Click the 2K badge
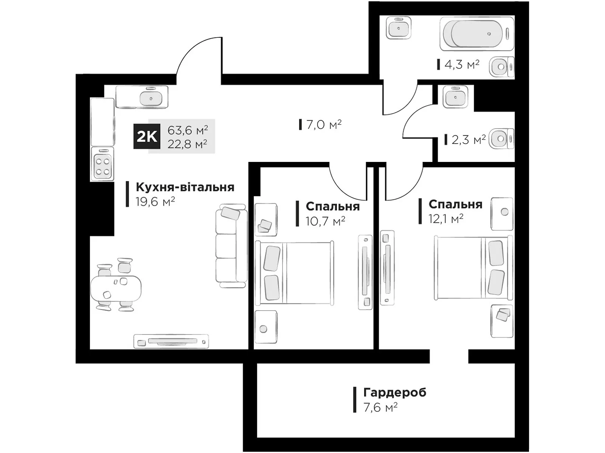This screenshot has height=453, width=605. click(147, 136)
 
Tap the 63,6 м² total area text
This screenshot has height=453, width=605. click(188, 130)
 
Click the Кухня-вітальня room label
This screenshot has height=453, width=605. click(185, 187)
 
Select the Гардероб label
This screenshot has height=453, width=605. click(395, 393)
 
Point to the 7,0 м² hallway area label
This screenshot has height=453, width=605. click(324, 125)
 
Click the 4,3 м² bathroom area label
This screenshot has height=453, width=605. click(462, 65)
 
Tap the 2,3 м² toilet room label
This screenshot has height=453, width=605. click(468, 140)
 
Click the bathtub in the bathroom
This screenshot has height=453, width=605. click(477, 34)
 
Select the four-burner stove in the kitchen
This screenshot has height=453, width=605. click(102, 164)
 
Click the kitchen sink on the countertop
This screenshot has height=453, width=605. click(151, 98)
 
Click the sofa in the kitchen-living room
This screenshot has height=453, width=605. click(231, 246)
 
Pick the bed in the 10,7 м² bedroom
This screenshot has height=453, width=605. click(294, 273)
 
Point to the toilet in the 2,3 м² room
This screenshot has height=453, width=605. click(501, 139)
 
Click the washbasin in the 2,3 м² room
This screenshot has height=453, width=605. click(455, 97)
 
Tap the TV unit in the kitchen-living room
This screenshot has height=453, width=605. click(171, 342)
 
